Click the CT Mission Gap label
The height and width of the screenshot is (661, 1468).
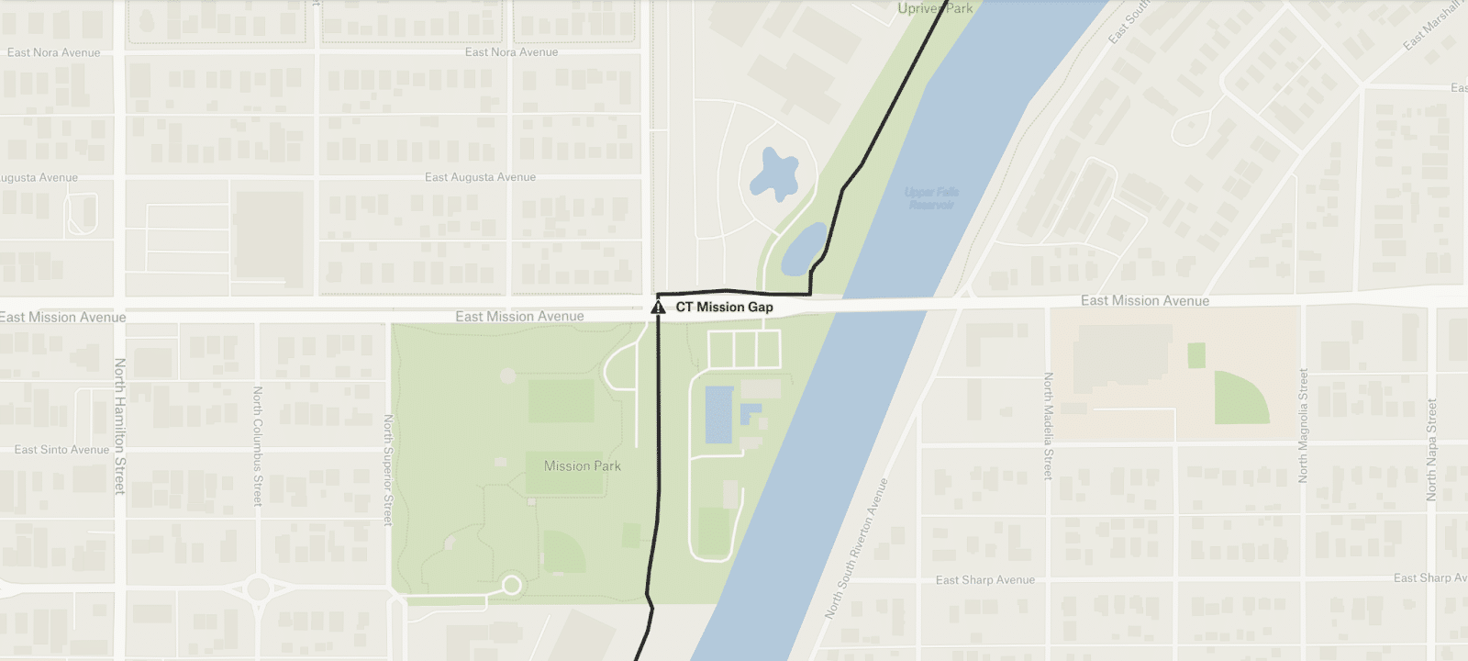point(724,308)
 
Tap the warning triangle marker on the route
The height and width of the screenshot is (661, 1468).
point(658,308)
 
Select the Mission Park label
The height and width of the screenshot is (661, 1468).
point(582,466)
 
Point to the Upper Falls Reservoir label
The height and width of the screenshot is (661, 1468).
point(931,198)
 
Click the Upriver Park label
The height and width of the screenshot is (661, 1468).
point(935,9)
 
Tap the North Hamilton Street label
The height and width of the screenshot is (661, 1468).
point(119,426)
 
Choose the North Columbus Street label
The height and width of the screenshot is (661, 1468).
point(258,445)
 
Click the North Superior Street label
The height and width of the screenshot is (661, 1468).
point(388,469)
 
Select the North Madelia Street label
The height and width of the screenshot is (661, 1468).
point(1048,425)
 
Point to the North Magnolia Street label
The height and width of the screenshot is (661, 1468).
point(1302,425)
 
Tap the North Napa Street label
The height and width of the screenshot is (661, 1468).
point(1431,449)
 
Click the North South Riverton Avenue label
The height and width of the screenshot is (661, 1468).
point(857,547)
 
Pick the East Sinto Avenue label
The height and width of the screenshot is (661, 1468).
point(61,450)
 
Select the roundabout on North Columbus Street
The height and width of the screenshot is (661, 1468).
point(258,588)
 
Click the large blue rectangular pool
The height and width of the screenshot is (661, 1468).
point(718,413)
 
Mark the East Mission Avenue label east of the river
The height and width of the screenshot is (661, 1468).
point(1144,301)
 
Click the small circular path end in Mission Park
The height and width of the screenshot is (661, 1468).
point(512,585)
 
